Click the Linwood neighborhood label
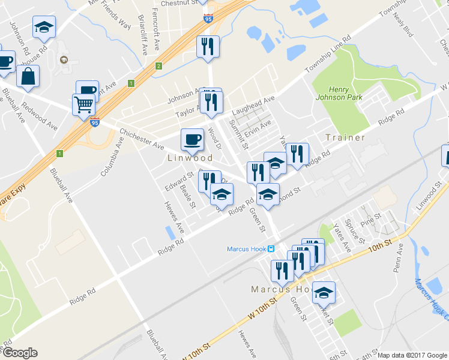[x=190, y=158]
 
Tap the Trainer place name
[x=345, y=137]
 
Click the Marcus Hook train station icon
[x=271, y=249]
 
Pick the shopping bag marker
[x=28, y=76]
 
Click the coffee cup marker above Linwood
[x=192, y=140]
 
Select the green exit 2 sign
[x=158, y=66]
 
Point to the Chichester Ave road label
[x=142, y=139]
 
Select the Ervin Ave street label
[x=258, y=127]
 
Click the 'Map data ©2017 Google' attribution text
[x=412, y=355]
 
